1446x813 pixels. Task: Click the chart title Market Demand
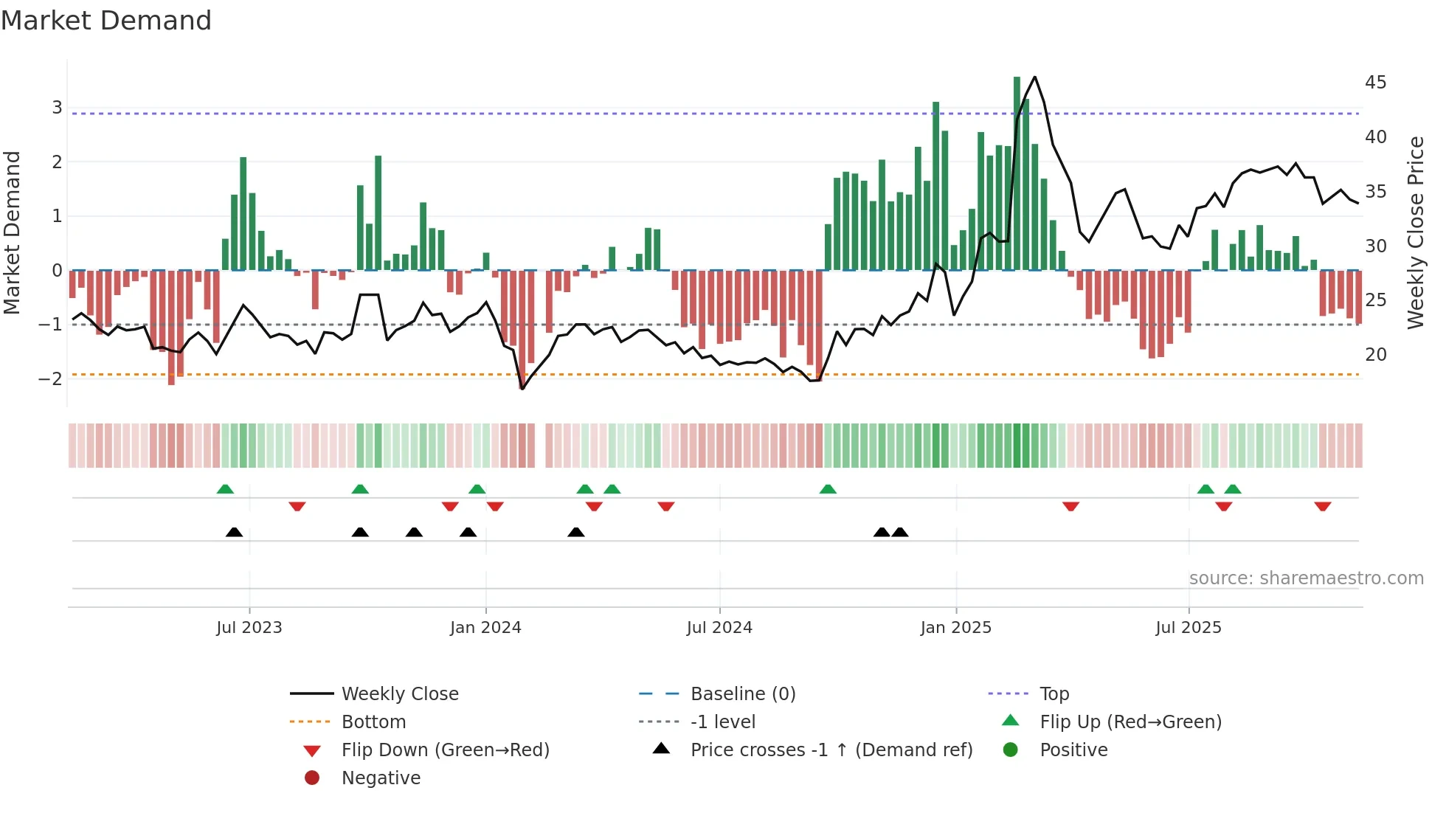pyautogui.click(x=106, y=21)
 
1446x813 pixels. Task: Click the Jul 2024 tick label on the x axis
pyautogui.click(x=719, y=628)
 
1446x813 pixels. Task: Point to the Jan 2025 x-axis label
pyautogui.click(x=955, y=628)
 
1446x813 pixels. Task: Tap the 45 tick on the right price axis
pyautogui.click(x=1375, y=82)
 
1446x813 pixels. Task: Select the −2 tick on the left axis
pyautogui.click(x=51, y=378)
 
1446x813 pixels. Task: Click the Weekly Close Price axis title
pyautogui.click(x=1415, y=232)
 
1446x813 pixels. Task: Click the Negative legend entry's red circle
pyautogui.click(x=312, y=778)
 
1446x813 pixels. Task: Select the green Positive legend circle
pyautogui.click(x=1011, y=750)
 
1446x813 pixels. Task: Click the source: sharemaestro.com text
pyautogui.click(x=1306, y=578)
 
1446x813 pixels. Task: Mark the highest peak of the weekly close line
pyautogui.click(x=1035, y=77)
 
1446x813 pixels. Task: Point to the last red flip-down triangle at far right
pyautogui.click(x=1322, y=506)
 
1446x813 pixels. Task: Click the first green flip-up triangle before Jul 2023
pyautogui.click(x=225, y=489)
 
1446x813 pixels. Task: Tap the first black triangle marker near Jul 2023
pyautogui.click(x=234, y=532)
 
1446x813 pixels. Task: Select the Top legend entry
pyautogui.click(x=1054, y=694)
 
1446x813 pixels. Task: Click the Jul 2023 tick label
pyautogui.click(x=249, y=628)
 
